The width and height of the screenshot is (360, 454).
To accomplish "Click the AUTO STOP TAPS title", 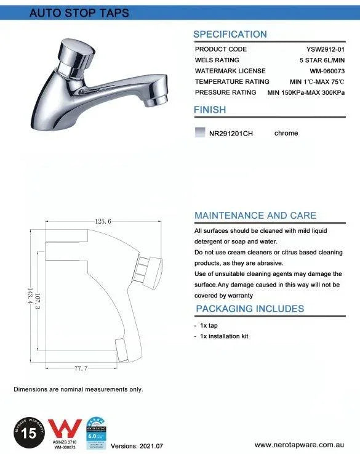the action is pyautogui.click(x=79, y=14).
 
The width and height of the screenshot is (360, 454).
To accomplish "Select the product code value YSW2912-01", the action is pyautogui.click(x=325, y=49).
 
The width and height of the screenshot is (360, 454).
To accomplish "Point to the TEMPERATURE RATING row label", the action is pyautogui.click(x=232, y=82).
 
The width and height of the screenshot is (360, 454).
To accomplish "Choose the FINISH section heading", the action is pyautogui.click(x=210, y=110).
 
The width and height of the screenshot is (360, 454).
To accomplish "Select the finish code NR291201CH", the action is pyautogui.click(x=231, y=134).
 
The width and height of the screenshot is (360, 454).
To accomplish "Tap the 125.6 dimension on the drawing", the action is pyautogui.click(x=103, y=221).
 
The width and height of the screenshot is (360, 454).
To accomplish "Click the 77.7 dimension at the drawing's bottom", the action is pyautogui.click(x=81, y=368).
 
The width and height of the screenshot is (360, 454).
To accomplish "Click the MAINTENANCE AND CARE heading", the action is pyautogui.click(x=255, y=216).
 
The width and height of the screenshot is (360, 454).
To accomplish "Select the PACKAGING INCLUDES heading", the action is pyautogui.click(x=250, y=309).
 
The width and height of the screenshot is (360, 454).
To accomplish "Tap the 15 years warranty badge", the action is pyautogui.click(x=28, y=432).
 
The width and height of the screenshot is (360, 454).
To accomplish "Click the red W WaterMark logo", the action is pyautogui.click(x=65, y=429).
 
